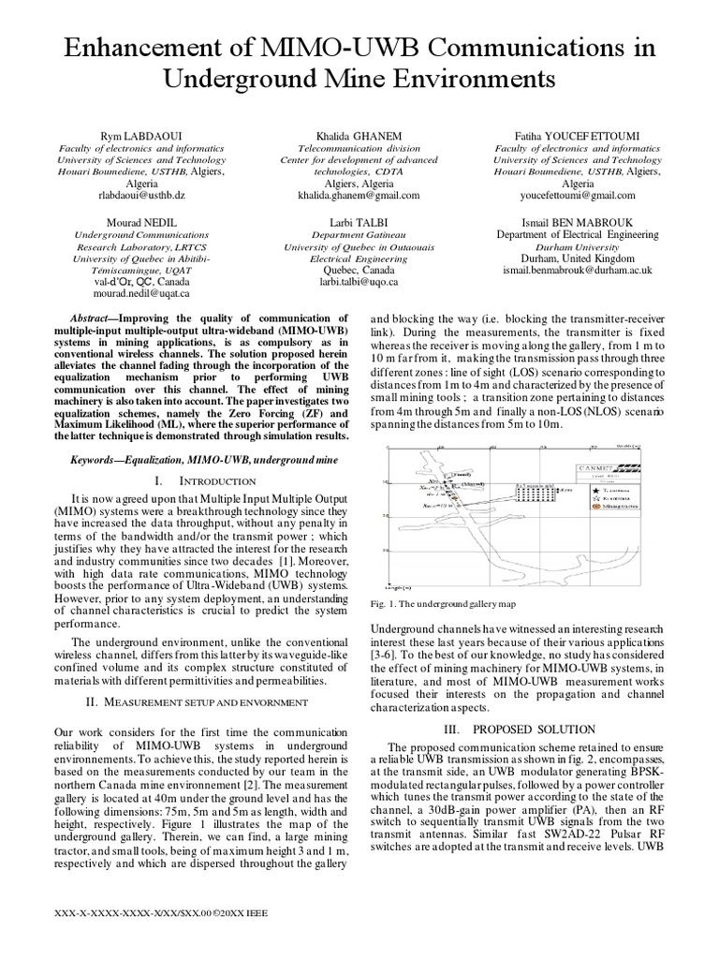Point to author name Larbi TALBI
coord(360,221)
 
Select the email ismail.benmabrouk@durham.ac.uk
coord(577,270)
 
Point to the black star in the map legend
coord(584,489)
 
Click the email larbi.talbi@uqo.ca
coord(360,281)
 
